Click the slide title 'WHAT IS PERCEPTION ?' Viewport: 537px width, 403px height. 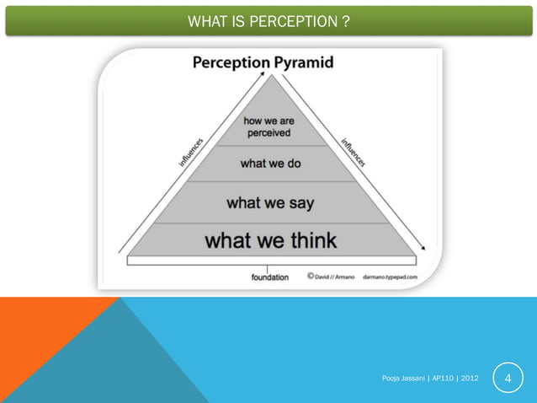(268, 20)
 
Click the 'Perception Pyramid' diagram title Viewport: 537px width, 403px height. (263, 62)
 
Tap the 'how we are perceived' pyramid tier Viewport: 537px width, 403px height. (268, 127)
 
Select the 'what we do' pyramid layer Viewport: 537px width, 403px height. (269, 164)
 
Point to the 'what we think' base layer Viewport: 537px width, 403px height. (270, 240)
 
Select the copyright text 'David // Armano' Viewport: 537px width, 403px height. (333, 276)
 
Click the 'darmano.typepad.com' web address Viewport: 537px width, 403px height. (389, 276)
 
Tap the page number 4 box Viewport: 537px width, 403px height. (508, 380)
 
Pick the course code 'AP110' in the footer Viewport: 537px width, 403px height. (442, 380)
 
